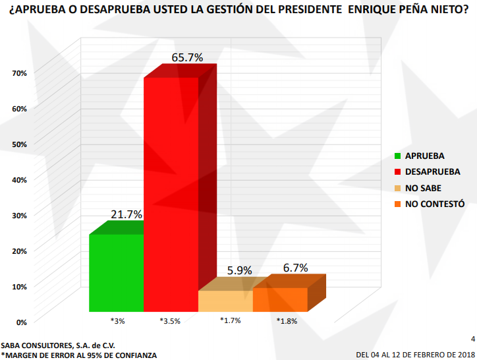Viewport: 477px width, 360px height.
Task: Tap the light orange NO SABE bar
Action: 225,301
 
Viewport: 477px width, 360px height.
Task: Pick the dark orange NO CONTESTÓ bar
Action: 280,299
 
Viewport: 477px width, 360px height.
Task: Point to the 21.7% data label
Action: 126,214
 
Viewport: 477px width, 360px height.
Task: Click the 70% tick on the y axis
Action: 19,73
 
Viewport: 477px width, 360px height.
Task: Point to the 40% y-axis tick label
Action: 19,179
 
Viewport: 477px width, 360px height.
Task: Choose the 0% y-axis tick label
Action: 21,322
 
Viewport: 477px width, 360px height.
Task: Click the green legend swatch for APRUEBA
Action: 398,156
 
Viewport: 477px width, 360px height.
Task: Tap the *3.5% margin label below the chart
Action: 170,321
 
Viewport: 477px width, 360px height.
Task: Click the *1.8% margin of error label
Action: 287,321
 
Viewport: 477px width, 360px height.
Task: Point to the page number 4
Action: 472,338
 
